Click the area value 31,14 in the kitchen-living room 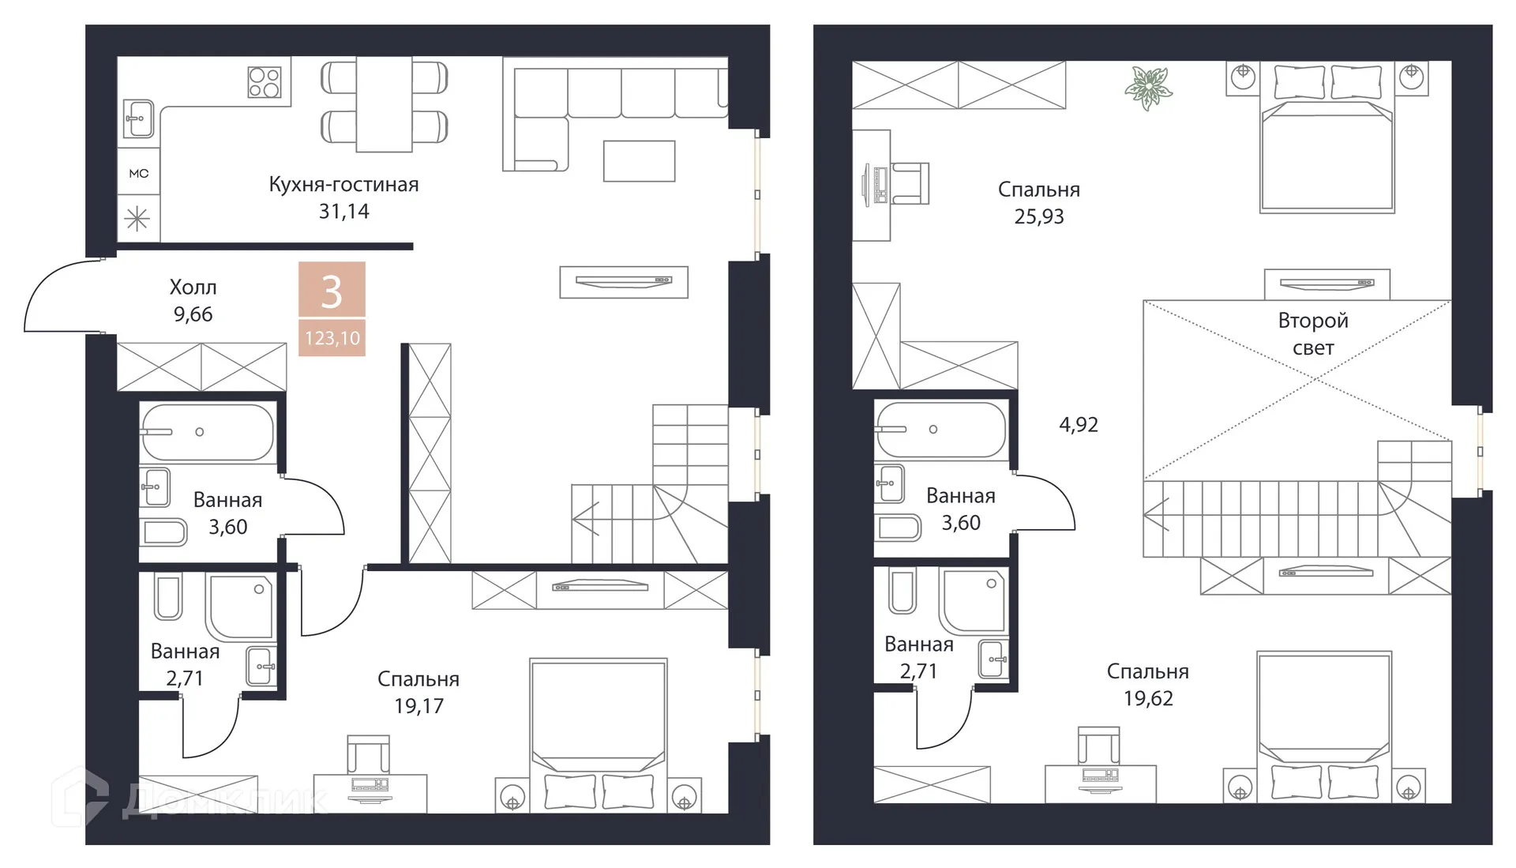(343, 212)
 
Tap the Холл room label (193, 287)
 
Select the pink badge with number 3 (332, 291)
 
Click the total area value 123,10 (332, 338)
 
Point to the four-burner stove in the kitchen (265, 82)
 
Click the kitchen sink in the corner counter (139, 119)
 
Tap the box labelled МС (139, 174)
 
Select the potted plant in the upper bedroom (1148, 87)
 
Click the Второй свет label (1312, 333)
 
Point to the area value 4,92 (1079, 425)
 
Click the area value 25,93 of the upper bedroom (1039, 216)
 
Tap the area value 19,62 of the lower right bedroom (1148, 698)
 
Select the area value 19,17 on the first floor (418, 706)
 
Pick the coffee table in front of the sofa (639, 161)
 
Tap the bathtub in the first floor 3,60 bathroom (207, 432)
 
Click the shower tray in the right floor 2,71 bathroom (973, 600)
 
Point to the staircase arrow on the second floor (1154, 517)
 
